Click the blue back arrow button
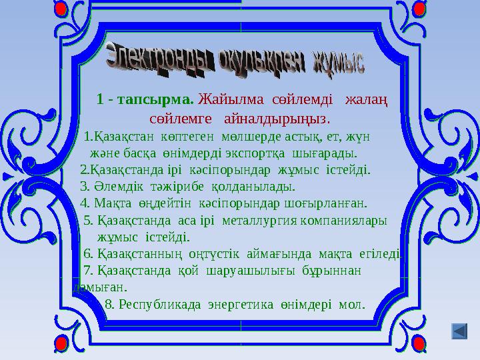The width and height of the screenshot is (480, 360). click(x=459, y=331)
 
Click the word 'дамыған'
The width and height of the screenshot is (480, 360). click(x=100, y=287)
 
